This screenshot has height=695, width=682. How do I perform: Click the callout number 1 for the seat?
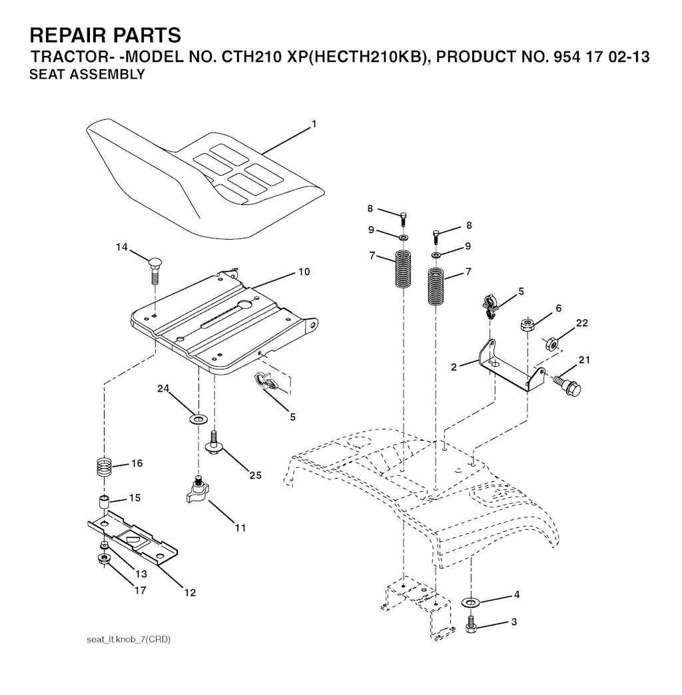(x=314, y=124)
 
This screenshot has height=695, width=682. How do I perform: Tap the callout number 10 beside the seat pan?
(x=304, y=272)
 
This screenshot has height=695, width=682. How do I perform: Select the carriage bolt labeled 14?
(x=153, y=271)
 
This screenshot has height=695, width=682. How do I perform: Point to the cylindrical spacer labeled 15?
(x=104, y=503)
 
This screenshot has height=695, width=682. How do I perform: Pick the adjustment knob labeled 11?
(x=197, y=490)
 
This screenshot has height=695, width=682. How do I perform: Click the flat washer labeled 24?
(x=198, y=418)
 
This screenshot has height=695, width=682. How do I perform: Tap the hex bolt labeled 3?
(x=470, y=624)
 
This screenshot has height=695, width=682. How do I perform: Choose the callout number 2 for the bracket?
(x=454, y=367)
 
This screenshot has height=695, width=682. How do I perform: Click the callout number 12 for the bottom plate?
(x=190, y=592)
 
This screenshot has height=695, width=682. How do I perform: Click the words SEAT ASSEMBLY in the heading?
(x=87, y=75)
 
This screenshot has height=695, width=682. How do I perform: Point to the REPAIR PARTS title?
(x=105, y=35)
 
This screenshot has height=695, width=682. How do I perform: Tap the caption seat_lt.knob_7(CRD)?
(x=129, y=640)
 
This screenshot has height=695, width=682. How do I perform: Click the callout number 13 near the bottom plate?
(x=141, y=574)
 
